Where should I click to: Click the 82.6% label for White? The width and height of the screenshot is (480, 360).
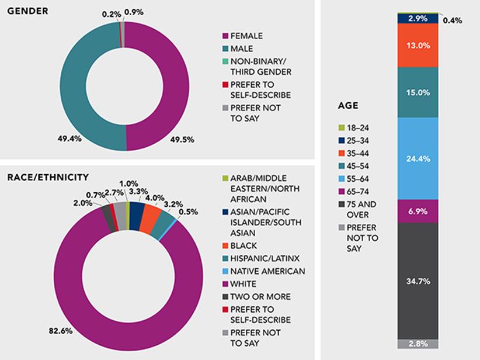[60, 331]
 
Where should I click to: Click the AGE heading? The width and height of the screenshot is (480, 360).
[349, 106]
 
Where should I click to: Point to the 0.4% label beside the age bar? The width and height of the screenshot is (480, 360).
[453, 20]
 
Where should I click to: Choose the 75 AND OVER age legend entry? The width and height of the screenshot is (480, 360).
[363, 209]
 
